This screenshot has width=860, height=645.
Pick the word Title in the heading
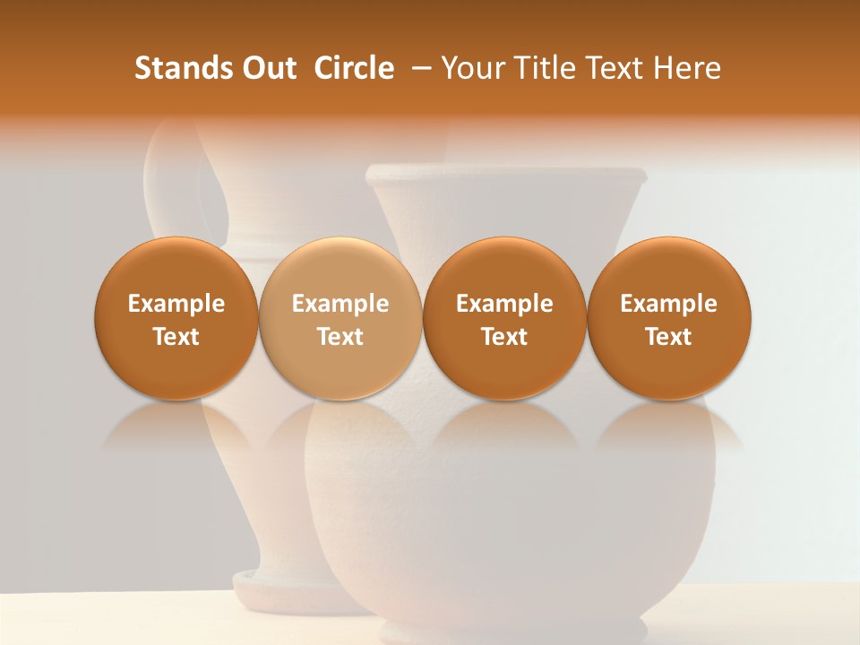(537, 68)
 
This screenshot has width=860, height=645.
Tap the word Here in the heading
(688, 68)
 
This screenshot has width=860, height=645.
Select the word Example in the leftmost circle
(176, 304)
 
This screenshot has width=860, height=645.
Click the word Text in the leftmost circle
(176, 337)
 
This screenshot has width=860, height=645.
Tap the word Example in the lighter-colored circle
(340, 304)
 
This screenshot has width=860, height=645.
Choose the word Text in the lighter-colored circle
(340, 337)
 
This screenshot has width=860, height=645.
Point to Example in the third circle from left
(504, 304)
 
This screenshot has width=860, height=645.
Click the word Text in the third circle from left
(504, 337)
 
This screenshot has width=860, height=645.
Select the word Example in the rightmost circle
(668, 304)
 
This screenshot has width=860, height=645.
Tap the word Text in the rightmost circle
(668, 337)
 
